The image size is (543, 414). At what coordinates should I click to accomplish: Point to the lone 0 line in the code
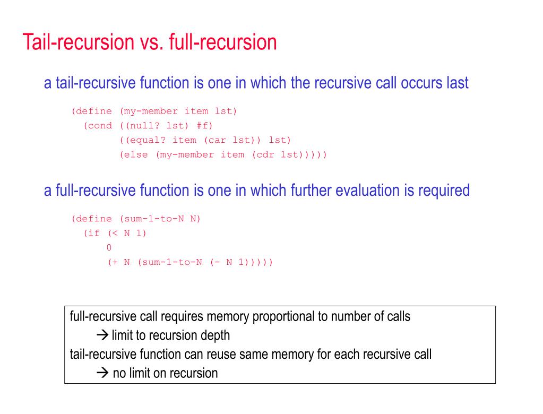pos(109,247)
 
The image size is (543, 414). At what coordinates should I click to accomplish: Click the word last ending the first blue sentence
pos(455,83)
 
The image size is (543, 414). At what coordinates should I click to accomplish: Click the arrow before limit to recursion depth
pos(102,335)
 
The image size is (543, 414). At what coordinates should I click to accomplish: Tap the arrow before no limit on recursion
pos(102,373)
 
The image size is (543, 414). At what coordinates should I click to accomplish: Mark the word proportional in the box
pos(283,317)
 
